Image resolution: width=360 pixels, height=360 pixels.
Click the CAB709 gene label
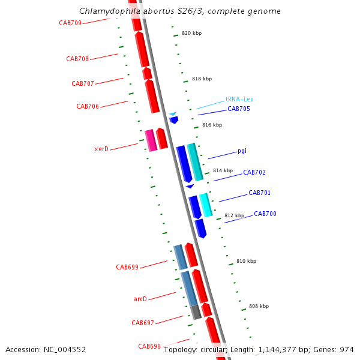pyautogui.click(x=70, y=23)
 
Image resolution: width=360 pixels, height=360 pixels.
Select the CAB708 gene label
pyautogui.click(x=77, y=59)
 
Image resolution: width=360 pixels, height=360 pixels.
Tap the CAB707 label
pyautogui.click(x=83, y=83)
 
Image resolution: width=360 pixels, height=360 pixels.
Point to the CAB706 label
pyautogui.click(x=88, y=106)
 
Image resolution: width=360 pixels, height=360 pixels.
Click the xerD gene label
pyautogui.click(x=101, y=148)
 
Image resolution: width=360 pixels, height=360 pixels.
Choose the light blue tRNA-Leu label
pyautogui.click(x=239, y=99)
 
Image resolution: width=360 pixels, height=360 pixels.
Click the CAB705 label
pyautogui.click(x=239, y=109)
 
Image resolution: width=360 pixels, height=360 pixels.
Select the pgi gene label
pyautogui.click(x=242, y=151)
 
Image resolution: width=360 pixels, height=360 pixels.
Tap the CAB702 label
pyautogui.click(x=254, y=172)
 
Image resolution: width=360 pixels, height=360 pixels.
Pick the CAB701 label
pyautogui.click(x=259, y=193)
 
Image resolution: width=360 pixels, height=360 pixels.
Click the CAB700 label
pyautogui.click(x=265, y=214)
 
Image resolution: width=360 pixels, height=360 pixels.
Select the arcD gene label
pyautogui.click(x=140, y=298)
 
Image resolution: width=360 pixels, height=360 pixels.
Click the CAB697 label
pyautogui.click(x=143, y=323)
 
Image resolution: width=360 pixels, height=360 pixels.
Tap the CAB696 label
pyautogui.click(x=149, y=346)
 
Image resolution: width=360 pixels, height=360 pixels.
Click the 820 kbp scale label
pyautogui.click(x=192, y=33)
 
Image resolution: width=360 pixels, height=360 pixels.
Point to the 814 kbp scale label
pyautogui.click(x=223, y=170)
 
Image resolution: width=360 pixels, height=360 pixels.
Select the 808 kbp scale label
pyautogui.click(x=259, y=306)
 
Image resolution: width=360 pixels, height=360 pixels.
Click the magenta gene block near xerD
pyautogui.click(x=151, y=140)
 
